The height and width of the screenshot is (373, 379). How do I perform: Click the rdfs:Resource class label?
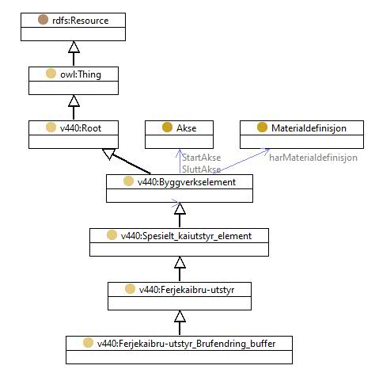click(x=81, y=21)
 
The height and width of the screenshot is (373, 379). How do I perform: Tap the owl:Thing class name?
click(x=81, y=74)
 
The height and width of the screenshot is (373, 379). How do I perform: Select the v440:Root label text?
click(x=81, y=128)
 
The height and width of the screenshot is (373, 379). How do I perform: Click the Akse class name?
click(x=187, y=128)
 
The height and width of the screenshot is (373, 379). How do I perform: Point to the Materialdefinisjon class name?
click(x=309, y=128)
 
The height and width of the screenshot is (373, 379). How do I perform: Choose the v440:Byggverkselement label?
click(x=187, y=182)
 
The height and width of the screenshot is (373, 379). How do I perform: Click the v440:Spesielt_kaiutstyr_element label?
click(x=186, y=236)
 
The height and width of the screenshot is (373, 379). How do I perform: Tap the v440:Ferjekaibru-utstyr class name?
click(x=187, y=290)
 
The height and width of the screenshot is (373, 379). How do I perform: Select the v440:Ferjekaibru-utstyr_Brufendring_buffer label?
click(x=186, y=344)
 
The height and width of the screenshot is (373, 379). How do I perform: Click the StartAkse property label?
click(x=201, y=158)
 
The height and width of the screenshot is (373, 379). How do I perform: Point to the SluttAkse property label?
click(x=201, y=169)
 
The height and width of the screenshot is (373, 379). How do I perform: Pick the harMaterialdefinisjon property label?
click(x=313, y=158)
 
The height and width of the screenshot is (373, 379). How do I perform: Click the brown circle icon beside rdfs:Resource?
click(x=43, y=20)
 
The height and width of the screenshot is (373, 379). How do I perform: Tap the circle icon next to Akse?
click(x=167, y=128)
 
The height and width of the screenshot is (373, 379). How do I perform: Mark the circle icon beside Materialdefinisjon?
click(x=262, y=128)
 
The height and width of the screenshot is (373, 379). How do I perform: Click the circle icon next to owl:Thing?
click(x=51, y=74)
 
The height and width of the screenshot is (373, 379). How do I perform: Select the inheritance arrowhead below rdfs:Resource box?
click(x=74, y=47)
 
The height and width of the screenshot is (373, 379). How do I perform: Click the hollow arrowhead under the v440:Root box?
click(x=108, y=154)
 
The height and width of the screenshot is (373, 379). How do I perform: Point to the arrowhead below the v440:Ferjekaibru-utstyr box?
click(x=180, y=316)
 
